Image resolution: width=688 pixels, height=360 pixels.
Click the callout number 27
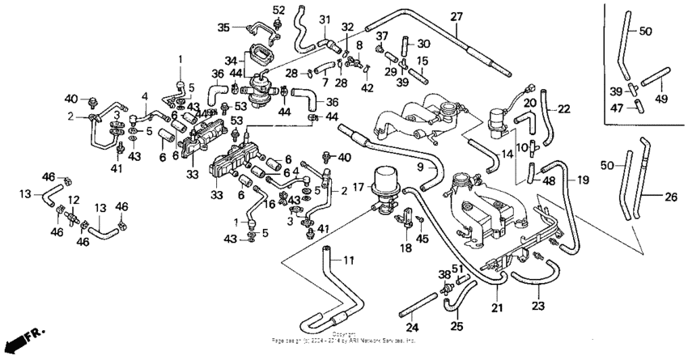click(457, 17)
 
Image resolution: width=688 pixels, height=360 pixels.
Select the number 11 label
click(349, 260)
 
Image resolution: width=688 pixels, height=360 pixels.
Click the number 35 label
click(224, 26)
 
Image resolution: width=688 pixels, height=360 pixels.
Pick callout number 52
click(278, 10)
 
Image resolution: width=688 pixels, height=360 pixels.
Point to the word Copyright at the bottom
click(343, 333)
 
